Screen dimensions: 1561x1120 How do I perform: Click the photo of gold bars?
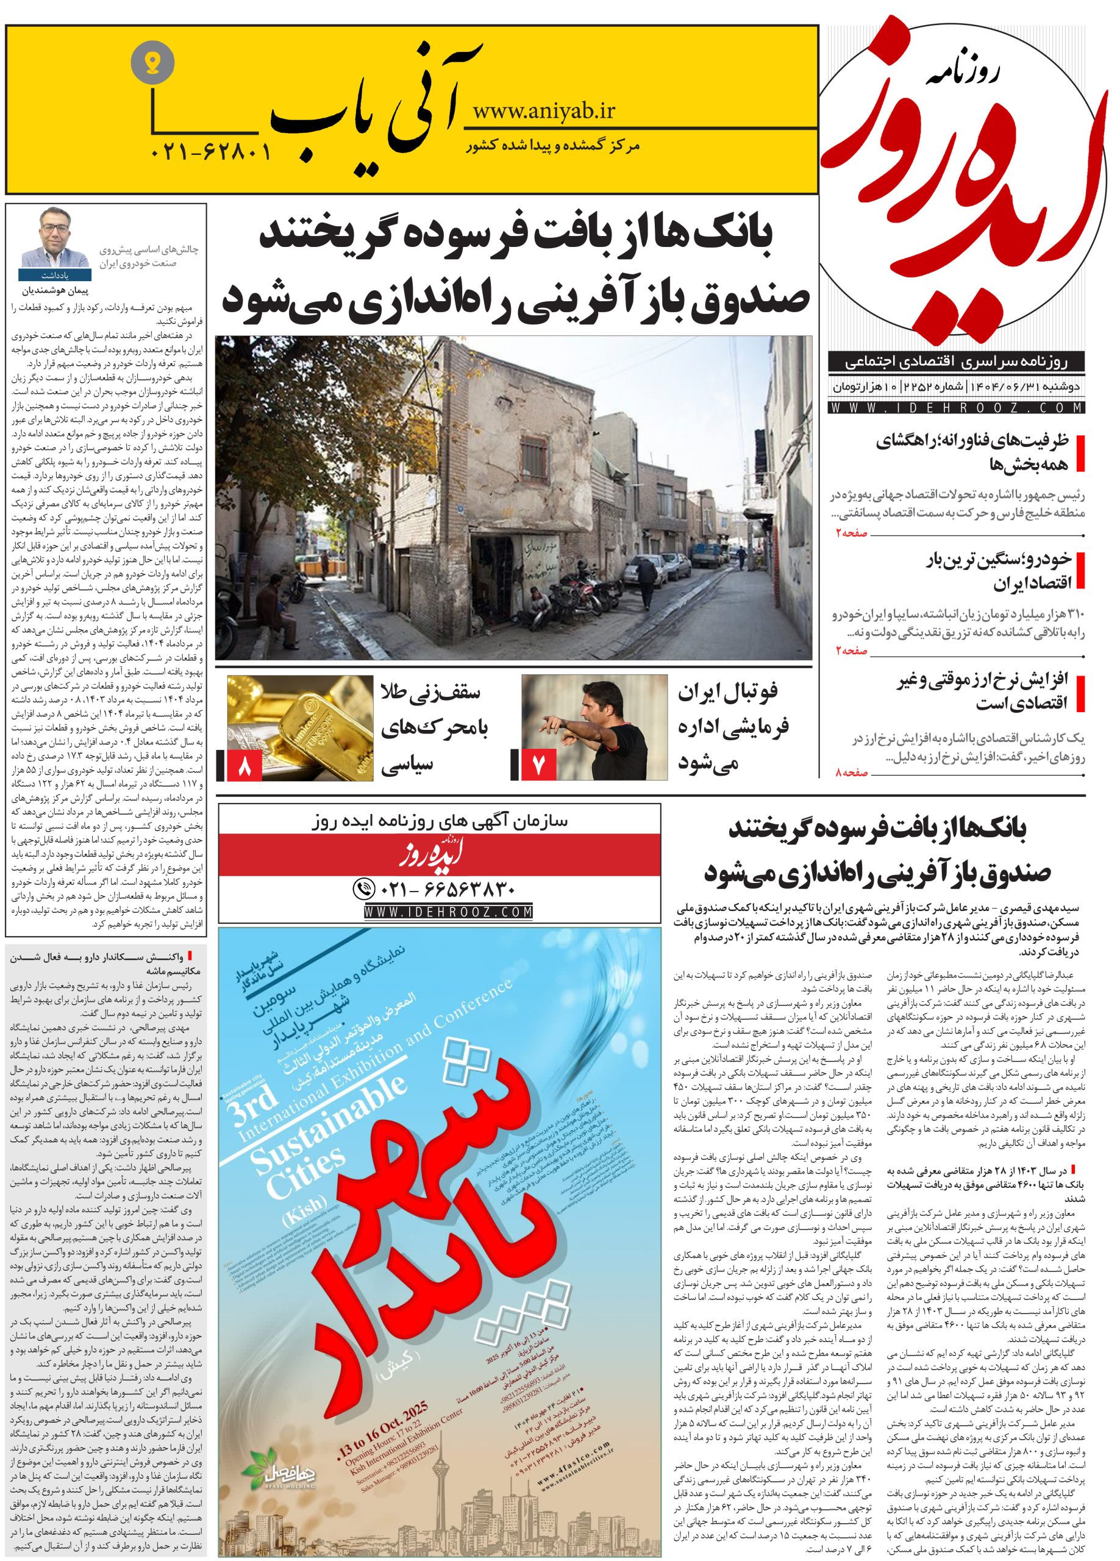pyautogui.click(x=297, y=729)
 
